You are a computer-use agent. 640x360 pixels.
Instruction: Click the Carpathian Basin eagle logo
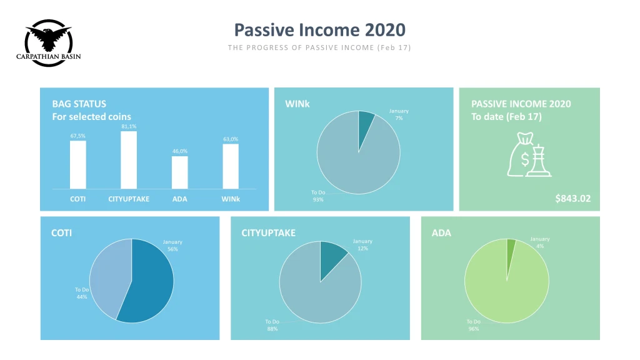pyautogui.click(x=49, y=42)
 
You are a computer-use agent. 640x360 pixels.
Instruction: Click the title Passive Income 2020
pyautogui.click(x=319, y=30)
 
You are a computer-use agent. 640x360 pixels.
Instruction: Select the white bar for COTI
pyautogui.click(x=78, y=165)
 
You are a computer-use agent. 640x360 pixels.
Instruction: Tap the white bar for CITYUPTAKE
pyautogui.click(x=129, y=160)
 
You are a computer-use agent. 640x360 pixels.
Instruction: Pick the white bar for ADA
pyautogui.click(x=179, y=172)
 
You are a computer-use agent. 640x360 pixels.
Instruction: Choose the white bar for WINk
pyautogui.click(x=231, y=166)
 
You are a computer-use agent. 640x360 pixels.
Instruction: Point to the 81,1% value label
pyautogui.click(x=129, y=126)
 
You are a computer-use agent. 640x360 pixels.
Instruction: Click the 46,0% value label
pyautogui.click(x=179, y=151)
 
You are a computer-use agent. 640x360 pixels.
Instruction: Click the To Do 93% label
pyautogui.click(x=318, y=196)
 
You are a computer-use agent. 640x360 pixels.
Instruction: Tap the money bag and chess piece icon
pyautogui.click(x=529, y=154)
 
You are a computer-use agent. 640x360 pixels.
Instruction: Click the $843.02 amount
pyautogui.click(x=572, y=198)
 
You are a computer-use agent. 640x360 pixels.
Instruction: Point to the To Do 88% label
pyautogui.click(x=272, y=325)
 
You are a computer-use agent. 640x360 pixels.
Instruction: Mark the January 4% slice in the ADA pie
pyautogui.click(x=510, y=253)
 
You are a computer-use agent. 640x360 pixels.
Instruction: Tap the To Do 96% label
pyautogui.click(x=474, y=325)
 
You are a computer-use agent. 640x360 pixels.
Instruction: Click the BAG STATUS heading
pyautogui.click(x=79, y=104)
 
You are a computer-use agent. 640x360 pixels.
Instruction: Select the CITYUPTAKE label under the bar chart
pyautogui.click(x=129, y=199)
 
